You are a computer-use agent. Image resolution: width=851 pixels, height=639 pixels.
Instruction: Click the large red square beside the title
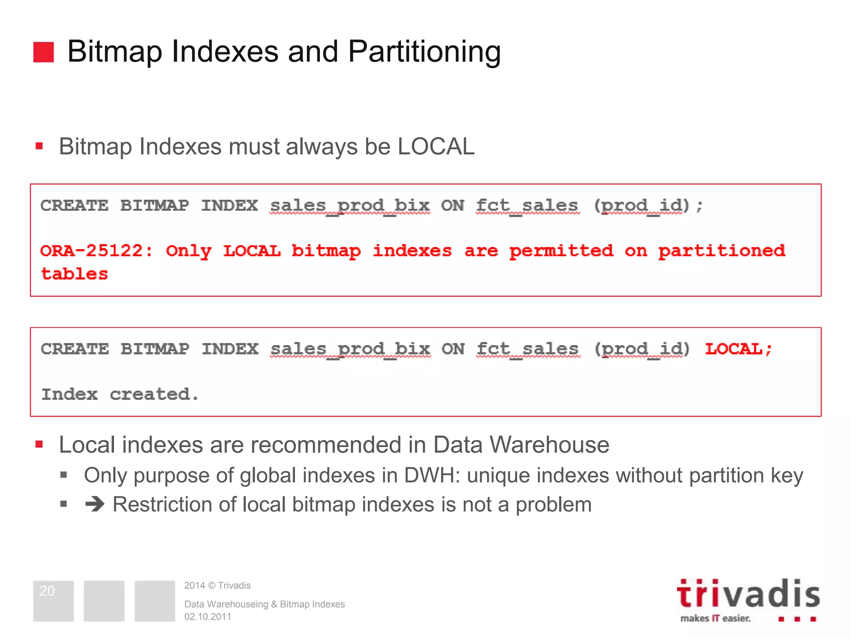pos(44,52)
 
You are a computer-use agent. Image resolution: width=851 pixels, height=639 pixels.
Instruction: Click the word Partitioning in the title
pos(424,52)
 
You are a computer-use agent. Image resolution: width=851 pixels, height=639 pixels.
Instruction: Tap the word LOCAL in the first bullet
pos(436,146)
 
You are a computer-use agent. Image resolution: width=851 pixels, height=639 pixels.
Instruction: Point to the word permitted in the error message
pos(561,250)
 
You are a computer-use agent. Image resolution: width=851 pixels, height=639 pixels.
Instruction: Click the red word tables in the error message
pos(74,274)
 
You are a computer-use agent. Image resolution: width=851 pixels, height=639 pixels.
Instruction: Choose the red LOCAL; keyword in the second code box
pos(738,349)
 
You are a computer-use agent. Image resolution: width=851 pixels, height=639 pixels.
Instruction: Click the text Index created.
pos(120,394)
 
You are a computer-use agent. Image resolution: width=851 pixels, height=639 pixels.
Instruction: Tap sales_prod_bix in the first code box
pos(350,206)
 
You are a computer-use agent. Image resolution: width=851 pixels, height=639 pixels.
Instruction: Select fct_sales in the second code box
pos(528,349)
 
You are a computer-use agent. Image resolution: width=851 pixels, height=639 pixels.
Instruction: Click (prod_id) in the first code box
pos(642,206)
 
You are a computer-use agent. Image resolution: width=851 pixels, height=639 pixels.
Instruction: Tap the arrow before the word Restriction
pos(95,505)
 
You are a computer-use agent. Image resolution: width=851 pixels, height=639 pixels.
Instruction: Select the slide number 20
pos(47,591)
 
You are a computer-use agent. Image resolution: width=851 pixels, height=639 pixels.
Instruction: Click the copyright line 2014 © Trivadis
pos(217,585)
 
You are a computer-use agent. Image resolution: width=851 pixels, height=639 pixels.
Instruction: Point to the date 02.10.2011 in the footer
pos(208,617)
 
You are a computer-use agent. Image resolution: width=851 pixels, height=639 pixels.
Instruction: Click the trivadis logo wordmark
pos(748,594)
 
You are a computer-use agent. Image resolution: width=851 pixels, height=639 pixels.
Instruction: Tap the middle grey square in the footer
pos(104,601)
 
